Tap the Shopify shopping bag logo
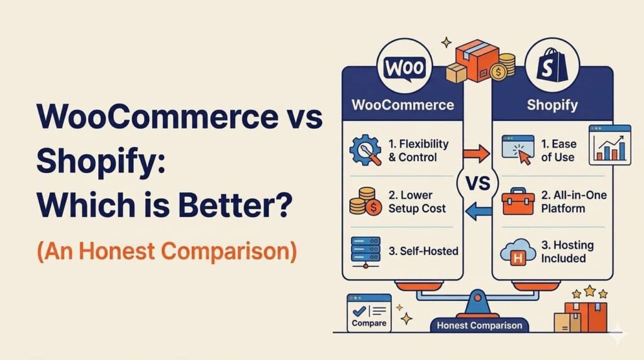[x=553, y=67]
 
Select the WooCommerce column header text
[x=402, y=104]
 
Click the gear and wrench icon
[x=365, y=150]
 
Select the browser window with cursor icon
[x=518, y=150]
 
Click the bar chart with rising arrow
[x=609, y=145]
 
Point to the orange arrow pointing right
[x=477, y=152]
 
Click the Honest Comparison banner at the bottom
[x=479, y=325]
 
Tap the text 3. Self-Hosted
[x=423, y=251]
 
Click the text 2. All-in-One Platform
[x=573, y=201]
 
